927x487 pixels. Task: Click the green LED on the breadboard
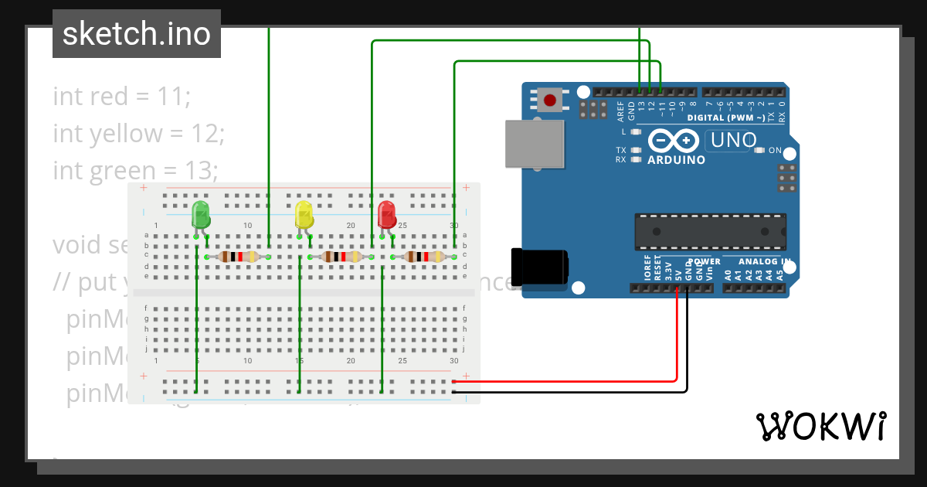point(200,214)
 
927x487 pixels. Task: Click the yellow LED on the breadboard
point(304,214)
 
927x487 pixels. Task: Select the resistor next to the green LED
point(238,257)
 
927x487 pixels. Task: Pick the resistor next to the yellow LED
point(341,257)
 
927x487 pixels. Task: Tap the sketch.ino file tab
point(137,34)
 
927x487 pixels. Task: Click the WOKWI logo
point(820,426)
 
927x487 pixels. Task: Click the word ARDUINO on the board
point(676,160)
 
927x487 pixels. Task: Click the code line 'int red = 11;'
point(121,97)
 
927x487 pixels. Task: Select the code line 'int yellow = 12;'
point(138,134)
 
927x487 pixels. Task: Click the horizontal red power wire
point(564,381)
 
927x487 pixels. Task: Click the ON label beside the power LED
point(775,150)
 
